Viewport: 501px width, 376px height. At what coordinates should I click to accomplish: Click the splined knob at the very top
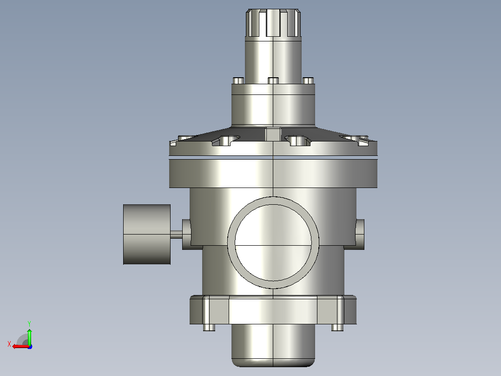pos(273,23)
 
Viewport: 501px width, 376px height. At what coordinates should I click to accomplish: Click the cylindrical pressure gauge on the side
pos(147,234)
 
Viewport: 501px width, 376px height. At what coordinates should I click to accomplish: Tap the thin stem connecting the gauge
pos(177,234)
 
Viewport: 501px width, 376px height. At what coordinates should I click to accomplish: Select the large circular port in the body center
pos(273,242)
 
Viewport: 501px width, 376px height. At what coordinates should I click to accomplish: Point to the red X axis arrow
pos(20,347)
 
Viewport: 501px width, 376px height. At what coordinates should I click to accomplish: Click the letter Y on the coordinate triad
pos(29,323)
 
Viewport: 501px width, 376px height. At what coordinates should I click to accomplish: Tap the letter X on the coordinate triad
pos(9,344)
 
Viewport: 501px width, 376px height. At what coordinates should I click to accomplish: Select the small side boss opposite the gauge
pos(360,234)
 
